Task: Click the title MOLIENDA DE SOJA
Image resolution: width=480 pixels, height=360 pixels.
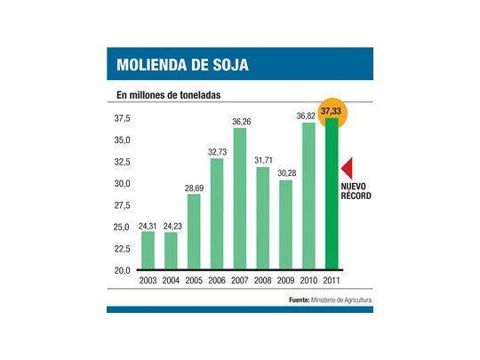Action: [182, 65]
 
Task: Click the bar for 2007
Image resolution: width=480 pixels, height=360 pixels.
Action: [239, 198]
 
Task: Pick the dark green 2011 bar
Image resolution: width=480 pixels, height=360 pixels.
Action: [332, 195]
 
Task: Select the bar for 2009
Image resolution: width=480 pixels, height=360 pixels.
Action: [285, 224]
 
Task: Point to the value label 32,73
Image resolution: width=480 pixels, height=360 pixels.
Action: [216, 152]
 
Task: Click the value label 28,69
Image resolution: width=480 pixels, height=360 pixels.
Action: [194, 188]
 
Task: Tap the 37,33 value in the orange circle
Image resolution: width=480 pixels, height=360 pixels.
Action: [332, 110]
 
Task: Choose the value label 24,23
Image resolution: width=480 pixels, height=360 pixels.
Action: [171, 225]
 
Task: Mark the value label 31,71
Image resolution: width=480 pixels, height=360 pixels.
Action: [262, 160]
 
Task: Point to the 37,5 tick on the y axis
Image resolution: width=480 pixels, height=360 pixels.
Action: [122, 118]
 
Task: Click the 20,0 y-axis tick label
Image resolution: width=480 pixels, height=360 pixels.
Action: [122, 270]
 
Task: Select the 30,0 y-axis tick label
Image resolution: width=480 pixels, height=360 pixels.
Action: [122, 183]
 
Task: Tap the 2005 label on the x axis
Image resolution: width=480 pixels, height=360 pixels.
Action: [194, 280]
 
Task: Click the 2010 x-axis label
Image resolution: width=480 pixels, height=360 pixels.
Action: [308, 280]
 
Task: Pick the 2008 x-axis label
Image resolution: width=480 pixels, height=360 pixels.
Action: [262, 280]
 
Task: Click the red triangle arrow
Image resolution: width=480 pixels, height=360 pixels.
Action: [348, 167]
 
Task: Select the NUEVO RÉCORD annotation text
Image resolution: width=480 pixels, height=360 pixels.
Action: [356, 191]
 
